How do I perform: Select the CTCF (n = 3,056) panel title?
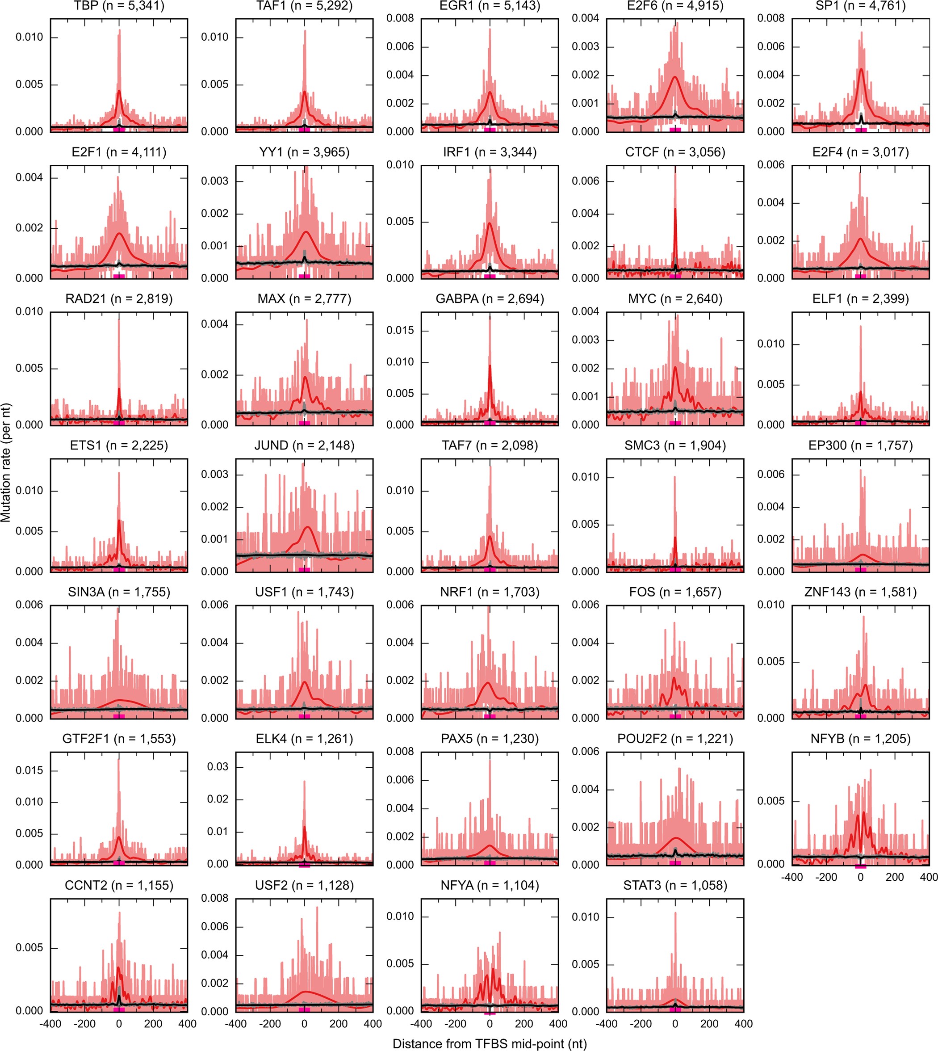(x=675, y=152)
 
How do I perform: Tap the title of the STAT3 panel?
(x=675, y=886)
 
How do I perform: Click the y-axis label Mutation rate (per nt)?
(x=6, y=463)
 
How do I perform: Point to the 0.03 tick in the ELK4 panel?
(x=218, y=767)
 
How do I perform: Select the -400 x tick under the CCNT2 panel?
(x=50, y=1024)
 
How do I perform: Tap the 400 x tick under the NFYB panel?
(x=928, y=877)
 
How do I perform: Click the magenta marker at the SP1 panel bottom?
(x=861, y=130)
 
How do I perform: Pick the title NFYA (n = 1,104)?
(x=490, y=886)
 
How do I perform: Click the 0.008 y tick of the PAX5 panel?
(x=400, y=751)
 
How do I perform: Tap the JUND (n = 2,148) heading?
(x=304, y=446)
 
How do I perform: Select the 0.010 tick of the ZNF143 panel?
(x=771, y=605)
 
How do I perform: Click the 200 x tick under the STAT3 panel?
(x=709, y=1024)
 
